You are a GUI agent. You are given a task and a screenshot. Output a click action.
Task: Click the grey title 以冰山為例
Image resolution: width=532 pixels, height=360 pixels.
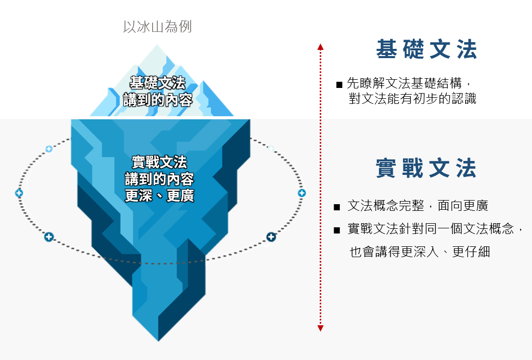157,27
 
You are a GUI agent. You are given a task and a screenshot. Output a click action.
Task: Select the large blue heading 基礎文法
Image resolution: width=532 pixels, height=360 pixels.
427,49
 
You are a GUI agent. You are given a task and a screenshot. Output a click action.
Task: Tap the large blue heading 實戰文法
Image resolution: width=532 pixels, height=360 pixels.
426,168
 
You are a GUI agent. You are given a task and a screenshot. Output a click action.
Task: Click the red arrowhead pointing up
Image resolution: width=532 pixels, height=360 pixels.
320,47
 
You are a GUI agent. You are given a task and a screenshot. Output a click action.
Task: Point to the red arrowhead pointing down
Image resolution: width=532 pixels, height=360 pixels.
320,328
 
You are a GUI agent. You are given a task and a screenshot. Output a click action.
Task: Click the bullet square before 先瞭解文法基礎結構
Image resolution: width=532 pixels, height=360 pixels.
339,85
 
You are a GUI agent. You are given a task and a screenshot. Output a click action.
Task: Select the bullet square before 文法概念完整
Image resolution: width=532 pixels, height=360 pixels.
337,207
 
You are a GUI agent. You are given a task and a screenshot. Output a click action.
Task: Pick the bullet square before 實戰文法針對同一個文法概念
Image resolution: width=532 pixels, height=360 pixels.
337,230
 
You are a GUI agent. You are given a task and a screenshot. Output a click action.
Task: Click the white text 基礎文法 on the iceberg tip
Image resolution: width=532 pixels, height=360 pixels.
158,83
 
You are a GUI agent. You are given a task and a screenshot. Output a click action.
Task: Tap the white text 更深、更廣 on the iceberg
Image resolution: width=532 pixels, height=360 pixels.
159,195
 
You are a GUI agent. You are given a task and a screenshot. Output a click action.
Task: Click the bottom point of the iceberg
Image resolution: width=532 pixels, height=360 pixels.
158,340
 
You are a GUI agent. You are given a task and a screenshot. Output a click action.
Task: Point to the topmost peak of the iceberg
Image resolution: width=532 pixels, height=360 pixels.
157,45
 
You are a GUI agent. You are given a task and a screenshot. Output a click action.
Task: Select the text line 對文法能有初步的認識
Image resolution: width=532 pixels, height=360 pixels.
413,99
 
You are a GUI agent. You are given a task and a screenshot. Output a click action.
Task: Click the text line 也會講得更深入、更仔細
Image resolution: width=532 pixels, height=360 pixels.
420,252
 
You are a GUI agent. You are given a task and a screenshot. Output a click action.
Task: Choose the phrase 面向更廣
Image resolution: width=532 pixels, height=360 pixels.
463,206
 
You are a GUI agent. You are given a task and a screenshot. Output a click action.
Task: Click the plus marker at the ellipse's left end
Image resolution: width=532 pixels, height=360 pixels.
19,193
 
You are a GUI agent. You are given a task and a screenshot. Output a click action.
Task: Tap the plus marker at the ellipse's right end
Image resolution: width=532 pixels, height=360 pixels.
302,193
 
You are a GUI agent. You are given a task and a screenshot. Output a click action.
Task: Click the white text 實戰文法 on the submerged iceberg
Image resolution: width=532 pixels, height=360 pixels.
159,163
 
